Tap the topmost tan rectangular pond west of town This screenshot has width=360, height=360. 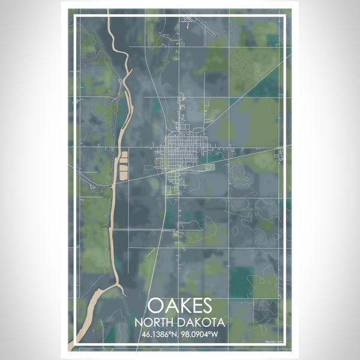pyautogui.click(x=124, y=155)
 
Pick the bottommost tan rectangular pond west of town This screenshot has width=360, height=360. pyautogui.click(x=122, y=176)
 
